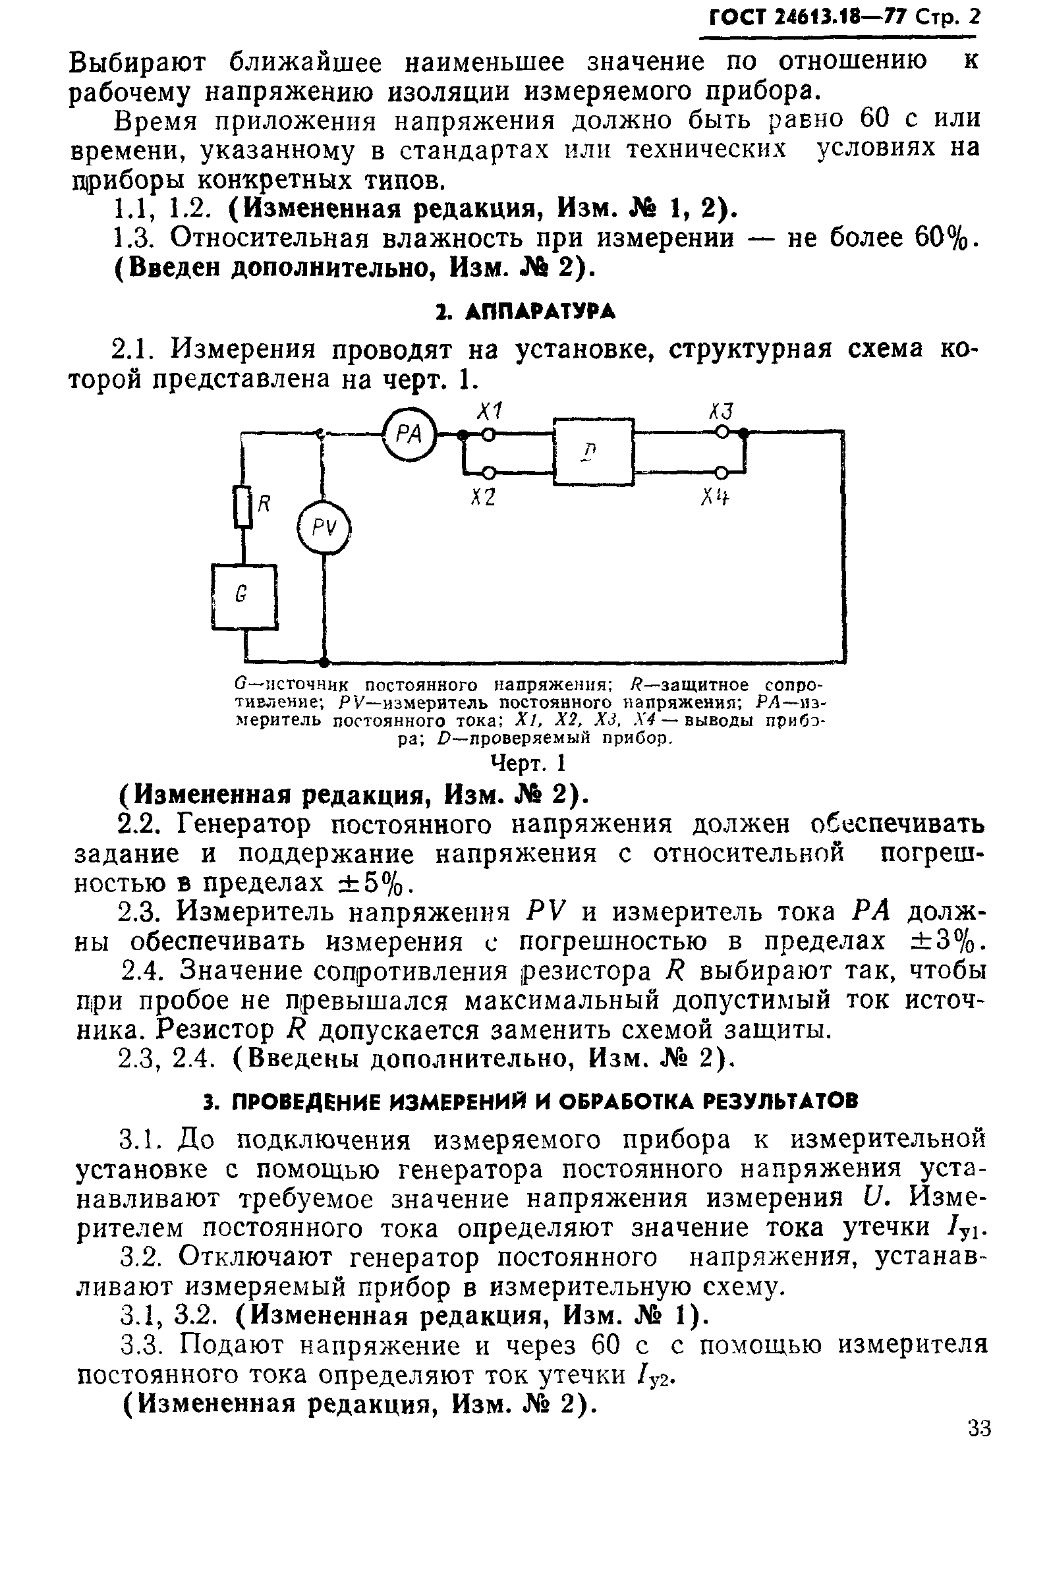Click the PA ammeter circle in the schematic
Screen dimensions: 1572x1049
click(x=409, y=435)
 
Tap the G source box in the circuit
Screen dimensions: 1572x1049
click(x=244, y=596)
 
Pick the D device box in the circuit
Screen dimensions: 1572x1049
click(x=594, y=451)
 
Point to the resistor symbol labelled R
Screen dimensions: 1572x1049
click(x=243, y=507)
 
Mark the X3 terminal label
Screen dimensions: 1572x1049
click(x=721, y=411)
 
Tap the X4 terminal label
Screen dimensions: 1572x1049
click(x=715, y=497)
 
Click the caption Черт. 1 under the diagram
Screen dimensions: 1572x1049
click(x=528, y=762)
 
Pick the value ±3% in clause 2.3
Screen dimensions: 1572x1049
click(x=944, y=941)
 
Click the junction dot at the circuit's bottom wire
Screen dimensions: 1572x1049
click(x=324, y=662)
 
